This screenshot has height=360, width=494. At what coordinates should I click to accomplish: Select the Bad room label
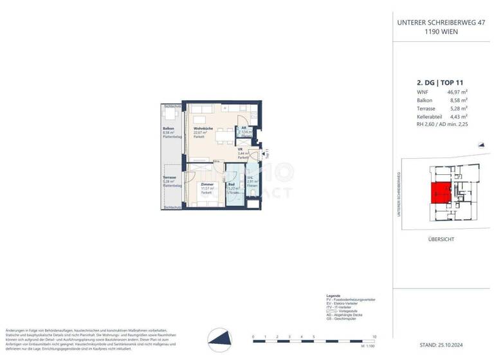point(232,184)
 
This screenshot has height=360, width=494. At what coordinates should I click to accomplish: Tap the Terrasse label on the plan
point(169,177)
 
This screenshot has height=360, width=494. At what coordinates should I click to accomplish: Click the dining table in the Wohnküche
point(223,136)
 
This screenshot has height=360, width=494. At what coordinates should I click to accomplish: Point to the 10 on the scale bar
point(374,336)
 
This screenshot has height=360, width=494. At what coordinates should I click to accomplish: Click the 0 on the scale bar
point(253,336)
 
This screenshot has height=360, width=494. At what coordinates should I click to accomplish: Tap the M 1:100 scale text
point(368,346)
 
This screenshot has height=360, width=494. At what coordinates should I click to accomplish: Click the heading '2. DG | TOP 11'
point(440,82)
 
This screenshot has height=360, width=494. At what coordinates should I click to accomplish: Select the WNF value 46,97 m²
point(456,93)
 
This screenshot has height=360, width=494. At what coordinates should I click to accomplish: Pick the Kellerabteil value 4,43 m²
point(457,117)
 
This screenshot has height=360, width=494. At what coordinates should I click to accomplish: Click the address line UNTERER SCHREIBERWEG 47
point(441,22)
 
